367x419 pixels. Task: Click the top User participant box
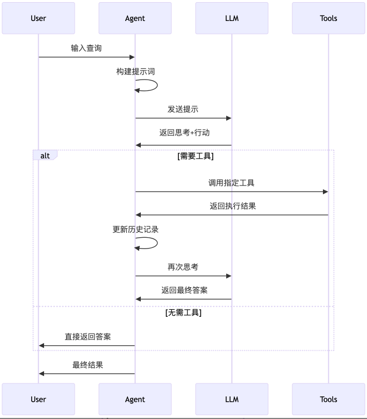(38, 18)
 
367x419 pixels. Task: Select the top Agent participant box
(135, 18)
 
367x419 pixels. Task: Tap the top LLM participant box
(232, 18)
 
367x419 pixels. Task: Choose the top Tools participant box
(328, 18)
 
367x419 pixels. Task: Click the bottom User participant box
(38, 399)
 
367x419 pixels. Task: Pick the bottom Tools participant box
(328, 399)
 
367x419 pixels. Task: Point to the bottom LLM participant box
(232, 399)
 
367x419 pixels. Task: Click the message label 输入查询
(86, 48)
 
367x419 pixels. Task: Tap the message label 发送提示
(183, 109)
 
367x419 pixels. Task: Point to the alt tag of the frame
(45, 155)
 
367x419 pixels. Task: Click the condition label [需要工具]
(195, 157)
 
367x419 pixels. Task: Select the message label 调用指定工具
(231, 183)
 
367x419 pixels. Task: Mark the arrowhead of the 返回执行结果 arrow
(138, 215)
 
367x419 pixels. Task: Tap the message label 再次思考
(183, 267)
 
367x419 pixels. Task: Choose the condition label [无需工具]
(183, 313)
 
